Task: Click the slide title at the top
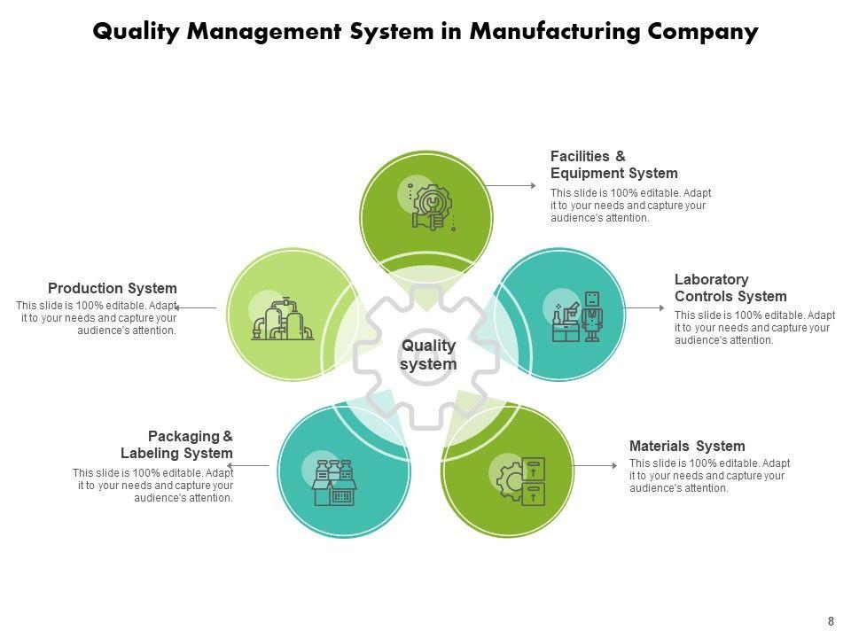tap(425, 32)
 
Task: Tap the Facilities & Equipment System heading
tap(613, 165)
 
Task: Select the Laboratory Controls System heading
tap(730, 288)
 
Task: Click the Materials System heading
tap(687, 446)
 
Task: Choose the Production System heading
tap(113, 288)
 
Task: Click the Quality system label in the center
tap(428, 354)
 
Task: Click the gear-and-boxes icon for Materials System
tap(521, 480)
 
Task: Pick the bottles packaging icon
tap(334, 483)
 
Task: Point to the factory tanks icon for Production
tap(282, 320)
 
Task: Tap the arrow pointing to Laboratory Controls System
tap(643, 307)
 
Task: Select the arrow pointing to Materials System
tap(594, 465)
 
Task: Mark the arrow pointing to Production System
tap(196, 307)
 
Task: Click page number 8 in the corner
tap(831, 621)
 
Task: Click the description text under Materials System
tap(709, 476)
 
